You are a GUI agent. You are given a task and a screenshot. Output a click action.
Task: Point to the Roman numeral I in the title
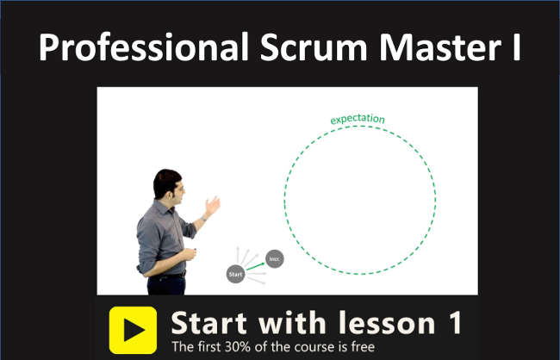point(515,48)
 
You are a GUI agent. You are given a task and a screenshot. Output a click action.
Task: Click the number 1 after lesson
point(453,323)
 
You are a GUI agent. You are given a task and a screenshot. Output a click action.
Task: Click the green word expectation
point(358,119)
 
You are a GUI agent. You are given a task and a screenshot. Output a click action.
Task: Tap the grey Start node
point(236,275)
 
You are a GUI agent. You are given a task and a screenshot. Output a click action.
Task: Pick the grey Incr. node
point(275,258)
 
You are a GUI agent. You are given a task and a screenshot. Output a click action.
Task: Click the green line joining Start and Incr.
point(256,267)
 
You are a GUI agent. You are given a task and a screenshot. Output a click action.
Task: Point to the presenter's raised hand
point(212,205)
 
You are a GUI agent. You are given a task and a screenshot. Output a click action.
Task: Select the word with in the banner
point(293,323)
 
